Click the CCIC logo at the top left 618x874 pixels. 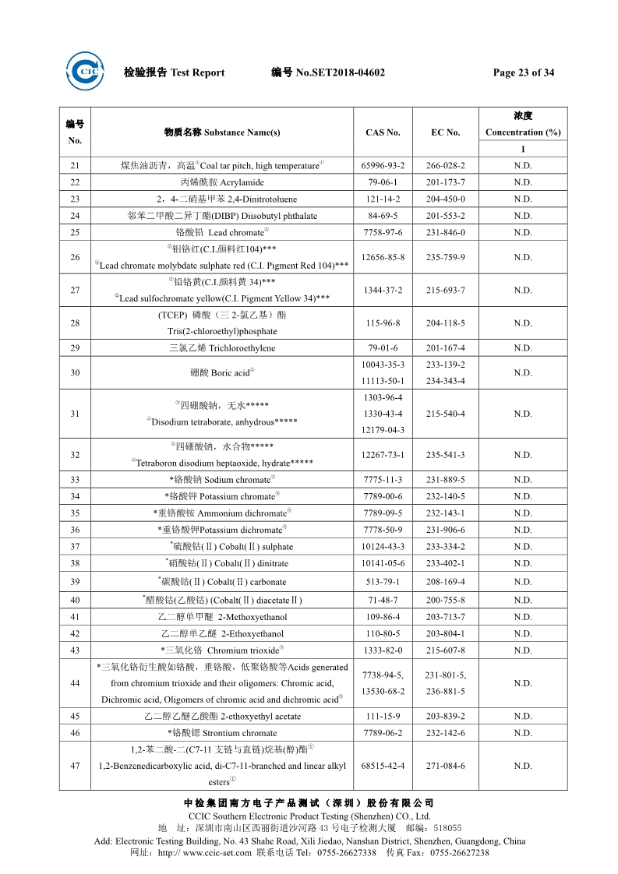(x=84, y=72)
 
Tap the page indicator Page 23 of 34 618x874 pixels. (x=524, y=72)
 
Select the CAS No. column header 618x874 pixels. (x=383, y=132)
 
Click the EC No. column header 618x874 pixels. (x=445, y=132)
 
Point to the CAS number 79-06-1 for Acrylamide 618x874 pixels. (x=383, y=182)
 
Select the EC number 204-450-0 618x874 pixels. (x=445, y=199)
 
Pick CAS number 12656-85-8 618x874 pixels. (x=383, y=257)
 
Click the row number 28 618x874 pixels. (x=75, y=323)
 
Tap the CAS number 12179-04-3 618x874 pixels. (x=383, y=430)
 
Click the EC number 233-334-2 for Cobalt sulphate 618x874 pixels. (x=445, y=547)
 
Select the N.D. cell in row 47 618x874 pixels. (x=523, y=766)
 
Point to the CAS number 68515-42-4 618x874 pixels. (x=383, y=766)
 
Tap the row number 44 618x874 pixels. (x=75, y=683)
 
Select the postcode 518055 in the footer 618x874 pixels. (x=447, y=828)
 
